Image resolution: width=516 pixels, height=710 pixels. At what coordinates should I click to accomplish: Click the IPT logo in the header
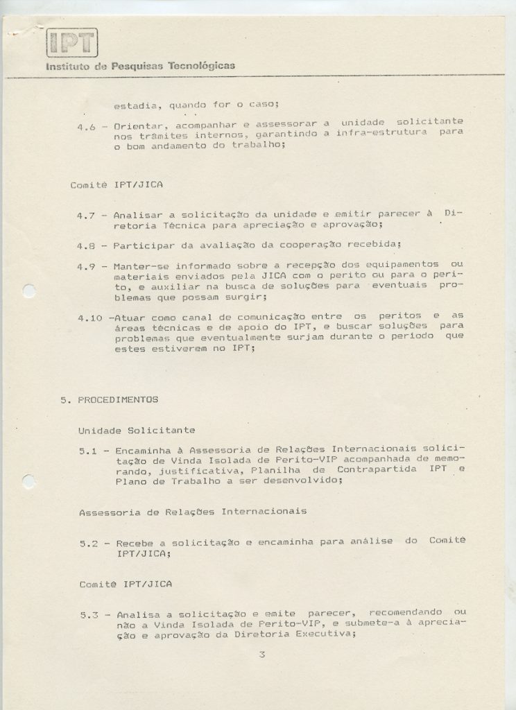tap(72, 42)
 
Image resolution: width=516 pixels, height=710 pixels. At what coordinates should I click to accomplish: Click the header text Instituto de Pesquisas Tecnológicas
tap(140, 67)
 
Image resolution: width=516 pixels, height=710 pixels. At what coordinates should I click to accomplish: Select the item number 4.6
tap(87, 127)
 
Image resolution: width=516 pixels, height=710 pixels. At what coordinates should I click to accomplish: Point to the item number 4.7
tap(87, 214)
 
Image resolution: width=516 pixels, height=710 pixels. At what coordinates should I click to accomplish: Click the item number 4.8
tap(87, 245)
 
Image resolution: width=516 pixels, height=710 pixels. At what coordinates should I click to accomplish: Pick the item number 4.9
tap(87, 266)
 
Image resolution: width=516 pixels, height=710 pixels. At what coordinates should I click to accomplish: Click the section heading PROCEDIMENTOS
tap(118, 399)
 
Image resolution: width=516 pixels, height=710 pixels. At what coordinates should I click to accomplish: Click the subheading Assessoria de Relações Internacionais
tap(193, 512)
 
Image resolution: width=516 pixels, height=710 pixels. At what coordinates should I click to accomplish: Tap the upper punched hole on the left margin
tap(28, 291)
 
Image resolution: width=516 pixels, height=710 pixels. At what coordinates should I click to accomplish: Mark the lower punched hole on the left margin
tap(28, 480)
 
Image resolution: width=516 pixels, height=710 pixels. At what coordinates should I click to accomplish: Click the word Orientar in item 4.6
tap(137, 127)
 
